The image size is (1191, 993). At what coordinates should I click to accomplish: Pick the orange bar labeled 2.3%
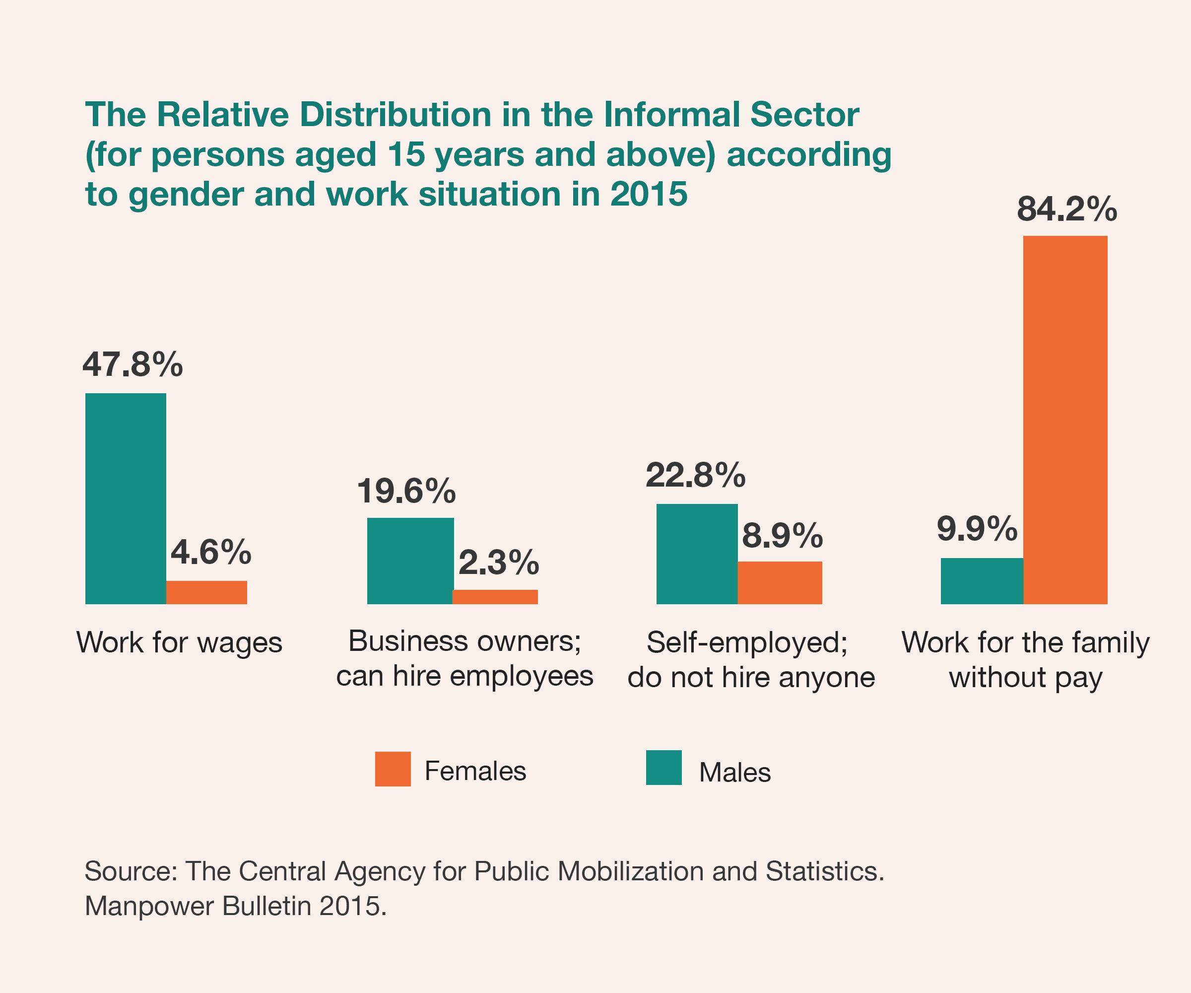click(x=495, y=596)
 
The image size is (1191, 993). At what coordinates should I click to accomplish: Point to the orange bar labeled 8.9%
click(x=779, y=583)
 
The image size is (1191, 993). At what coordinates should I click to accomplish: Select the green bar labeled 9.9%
click(x=982, y=580)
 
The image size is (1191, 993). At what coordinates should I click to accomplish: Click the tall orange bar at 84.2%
click(x=1065, y=420)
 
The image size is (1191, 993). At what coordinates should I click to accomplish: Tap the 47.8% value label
click(x=132, y=364)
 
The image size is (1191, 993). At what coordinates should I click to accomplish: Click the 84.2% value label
click(x=1066, y=209)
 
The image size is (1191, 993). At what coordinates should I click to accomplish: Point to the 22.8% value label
click(x=695, y=475)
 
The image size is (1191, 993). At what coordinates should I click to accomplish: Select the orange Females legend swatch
click(x=393, y=769)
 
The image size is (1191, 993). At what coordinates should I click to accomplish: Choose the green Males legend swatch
click(x=663, y=768)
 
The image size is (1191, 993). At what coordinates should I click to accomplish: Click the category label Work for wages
click(x=179, y=643)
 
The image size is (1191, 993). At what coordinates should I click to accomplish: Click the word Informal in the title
click(x=672, y=115)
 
